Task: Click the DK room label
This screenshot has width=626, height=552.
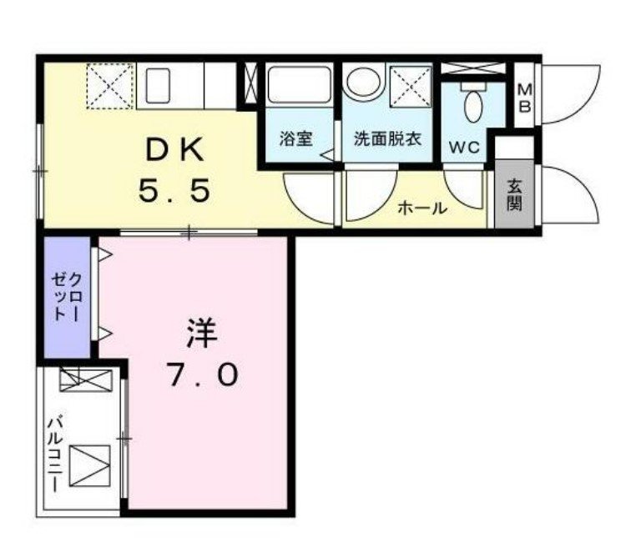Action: tap(174, 150)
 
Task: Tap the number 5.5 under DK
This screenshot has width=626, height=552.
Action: tap(174, 190)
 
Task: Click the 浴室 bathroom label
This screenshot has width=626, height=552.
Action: tap(295, 138)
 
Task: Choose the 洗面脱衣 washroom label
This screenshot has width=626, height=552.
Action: tap(387, 138)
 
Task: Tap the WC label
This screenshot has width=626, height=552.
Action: tap(464, 148)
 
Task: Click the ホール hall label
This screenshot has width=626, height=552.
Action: tap(422, 208)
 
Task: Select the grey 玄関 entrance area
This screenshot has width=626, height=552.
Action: tap(514, 194)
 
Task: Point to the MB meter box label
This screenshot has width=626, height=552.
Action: tap(525, 98)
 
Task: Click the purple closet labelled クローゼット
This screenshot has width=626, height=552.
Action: tap(67, 297)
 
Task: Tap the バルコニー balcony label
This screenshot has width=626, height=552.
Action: tap(55, 454)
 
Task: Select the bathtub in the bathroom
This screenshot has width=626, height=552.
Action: tap(299, 85)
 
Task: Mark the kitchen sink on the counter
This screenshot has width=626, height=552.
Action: tap(158, 85)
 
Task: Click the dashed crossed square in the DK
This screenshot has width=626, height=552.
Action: tap(110, 86)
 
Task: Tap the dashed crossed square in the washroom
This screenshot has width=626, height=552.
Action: tap(411, 88)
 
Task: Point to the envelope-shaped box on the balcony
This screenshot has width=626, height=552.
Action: tap(89, 466)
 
